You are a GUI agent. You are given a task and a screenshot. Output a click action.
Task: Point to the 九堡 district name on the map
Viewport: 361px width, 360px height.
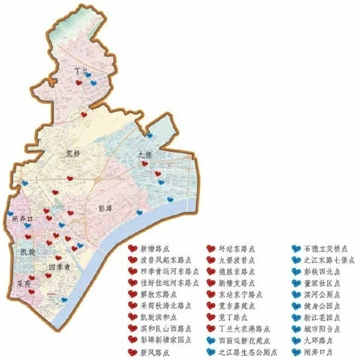pyautogui.click(x=145, y=155)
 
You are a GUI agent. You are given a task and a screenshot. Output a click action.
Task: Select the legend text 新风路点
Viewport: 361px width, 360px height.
pyautogui.click(x=154, y=352)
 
